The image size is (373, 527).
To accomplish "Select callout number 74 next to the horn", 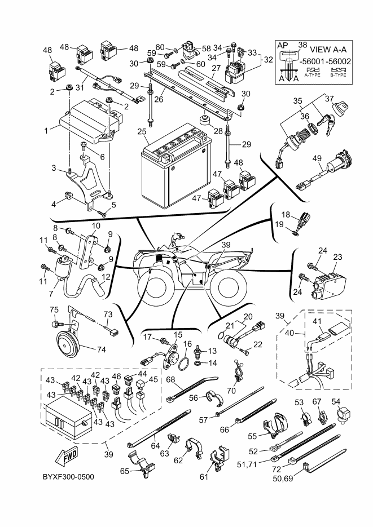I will [101, 349].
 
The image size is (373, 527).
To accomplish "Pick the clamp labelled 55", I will [270, 427].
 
